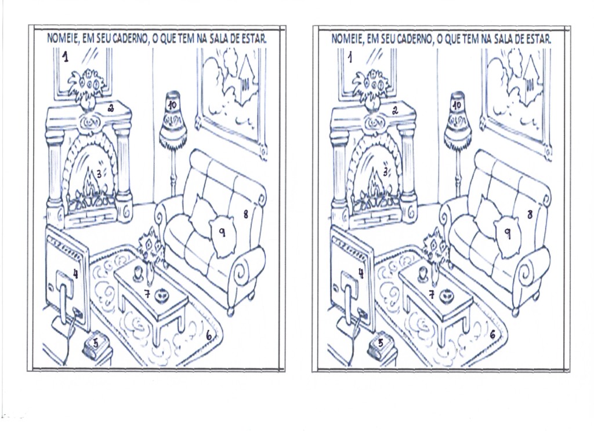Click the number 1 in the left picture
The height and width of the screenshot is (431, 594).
coord(66,57)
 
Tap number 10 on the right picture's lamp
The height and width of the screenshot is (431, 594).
coord(457,105)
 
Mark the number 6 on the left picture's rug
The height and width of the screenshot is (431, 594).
coord(209,335)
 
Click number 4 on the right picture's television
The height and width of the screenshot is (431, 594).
coord(360,273)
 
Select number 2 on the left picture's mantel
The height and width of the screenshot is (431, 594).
coord(111,108)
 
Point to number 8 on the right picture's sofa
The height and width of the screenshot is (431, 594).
coord(530,214)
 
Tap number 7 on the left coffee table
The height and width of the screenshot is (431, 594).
coord(147,293)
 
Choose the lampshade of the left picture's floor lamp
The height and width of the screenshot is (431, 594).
coord(172,117)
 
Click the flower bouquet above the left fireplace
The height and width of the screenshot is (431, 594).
coord(87,86)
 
